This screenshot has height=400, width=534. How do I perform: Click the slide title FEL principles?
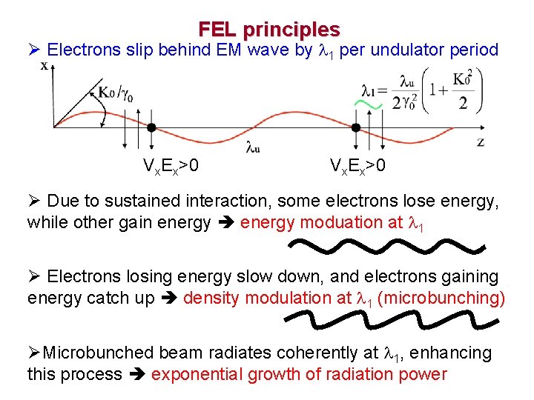pyautogui.click(x=268, y=30)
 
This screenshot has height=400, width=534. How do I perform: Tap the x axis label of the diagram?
pyautogui.click(x=44, y=65)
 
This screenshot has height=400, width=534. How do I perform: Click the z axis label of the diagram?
pyautogui.click(x=481, y=141)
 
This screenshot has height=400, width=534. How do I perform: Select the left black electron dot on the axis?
pyautogui.click(x=151, y=127)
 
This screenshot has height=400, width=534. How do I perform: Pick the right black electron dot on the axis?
pyautogui.click(x=355, y=127)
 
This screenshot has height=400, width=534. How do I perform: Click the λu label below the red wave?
pyautogui.click(x=253, y=149)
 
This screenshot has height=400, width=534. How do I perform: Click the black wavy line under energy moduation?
pyautogui.click(x=386, y=246)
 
